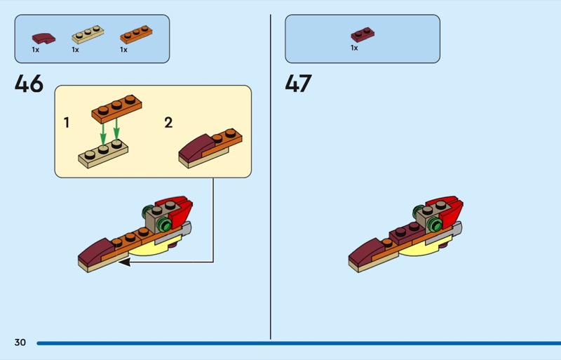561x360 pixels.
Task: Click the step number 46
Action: click(29, 84)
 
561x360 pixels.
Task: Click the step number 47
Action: click(298, 84)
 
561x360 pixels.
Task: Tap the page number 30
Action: click(20, 342)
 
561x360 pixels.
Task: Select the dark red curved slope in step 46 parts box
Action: click(42, 36)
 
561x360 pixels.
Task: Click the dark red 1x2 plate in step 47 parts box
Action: click(362, 34)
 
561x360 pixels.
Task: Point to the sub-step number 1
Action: click(67, 123)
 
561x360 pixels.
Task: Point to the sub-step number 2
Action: click(168, 123)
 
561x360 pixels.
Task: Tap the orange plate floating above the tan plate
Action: click(116, 107)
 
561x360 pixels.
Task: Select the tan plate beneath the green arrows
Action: click(104, 154)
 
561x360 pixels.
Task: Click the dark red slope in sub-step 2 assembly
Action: click(196, 148)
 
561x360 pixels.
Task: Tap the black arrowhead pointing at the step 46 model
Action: click(124, 262)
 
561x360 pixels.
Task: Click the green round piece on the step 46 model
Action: click(165, 223)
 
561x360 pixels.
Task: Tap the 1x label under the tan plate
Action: click(75, 50)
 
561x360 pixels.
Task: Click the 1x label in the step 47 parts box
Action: click(354, 48)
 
